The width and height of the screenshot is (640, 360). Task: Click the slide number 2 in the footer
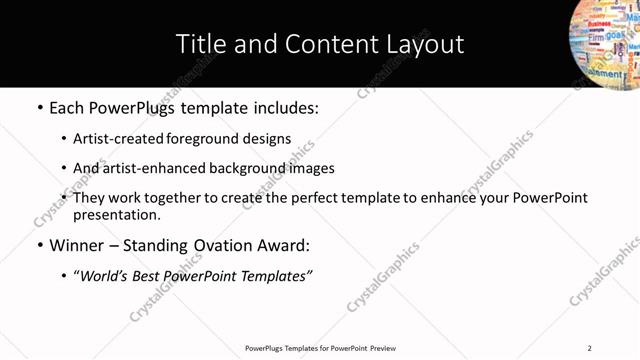(x=589, y=348)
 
